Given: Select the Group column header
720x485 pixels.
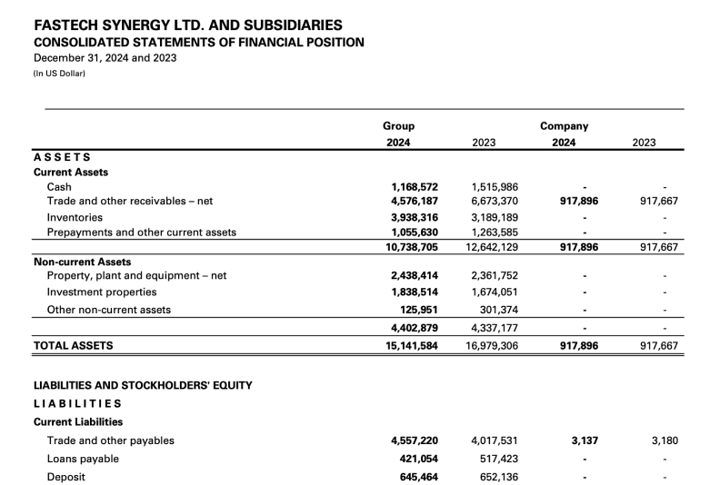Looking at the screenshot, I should tap(399, 126).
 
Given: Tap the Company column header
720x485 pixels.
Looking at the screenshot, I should tap(564, 126).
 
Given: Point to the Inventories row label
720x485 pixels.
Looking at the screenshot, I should tap(75, 218).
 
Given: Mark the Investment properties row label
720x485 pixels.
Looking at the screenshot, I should tap(102, 292).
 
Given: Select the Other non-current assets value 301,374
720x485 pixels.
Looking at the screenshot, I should tap(498, 310).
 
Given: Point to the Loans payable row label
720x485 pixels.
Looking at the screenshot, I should tap(83, 459).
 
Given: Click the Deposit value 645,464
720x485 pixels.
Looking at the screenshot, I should tap(418, 477).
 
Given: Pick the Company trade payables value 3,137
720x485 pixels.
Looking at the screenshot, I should tap(585, 440).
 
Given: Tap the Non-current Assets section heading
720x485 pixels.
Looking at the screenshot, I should tap(83, 262).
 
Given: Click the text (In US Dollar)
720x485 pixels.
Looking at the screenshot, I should tap(59, 74).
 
